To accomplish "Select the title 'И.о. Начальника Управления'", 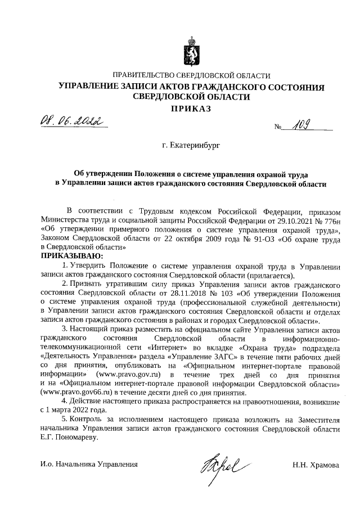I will pyautogui.click(x=89, y=465).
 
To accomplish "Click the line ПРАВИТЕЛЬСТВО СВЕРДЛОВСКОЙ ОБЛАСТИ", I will pyautogui.click(x=191, y=76).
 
